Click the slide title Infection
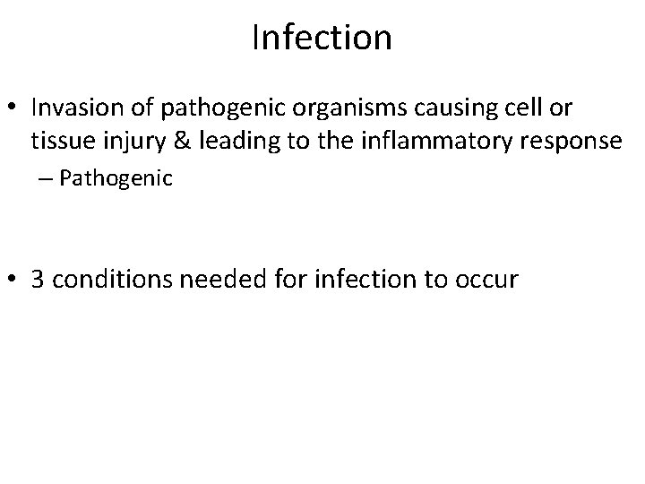click(x=322, y=38)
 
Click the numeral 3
click(x=38, y=280)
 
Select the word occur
click(x=488, y=280)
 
